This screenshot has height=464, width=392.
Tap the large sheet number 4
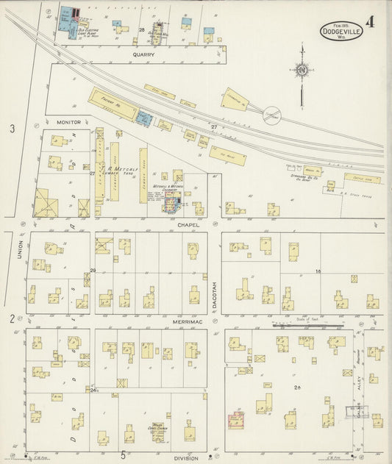369,21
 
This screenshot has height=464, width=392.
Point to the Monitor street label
68,121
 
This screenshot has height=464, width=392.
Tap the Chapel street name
188,224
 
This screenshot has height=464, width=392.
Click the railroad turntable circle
272,116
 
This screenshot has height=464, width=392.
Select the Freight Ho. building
113,104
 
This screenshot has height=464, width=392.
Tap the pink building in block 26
237,420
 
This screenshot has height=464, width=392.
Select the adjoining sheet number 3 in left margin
11,129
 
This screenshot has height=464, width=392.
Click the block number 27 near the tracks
215,127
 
